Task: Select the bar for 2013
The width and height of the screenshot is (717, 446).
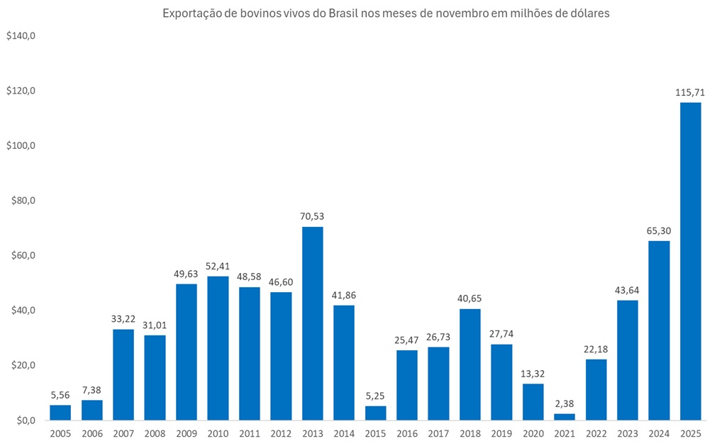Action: point(312,323)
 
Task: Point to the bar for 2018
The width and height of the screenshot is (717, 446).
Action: point(469,364)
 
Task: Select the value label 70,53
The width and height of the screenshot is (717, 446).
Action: point(312,216)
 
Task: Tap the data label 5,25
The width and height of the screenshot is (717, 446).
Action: point(375,395)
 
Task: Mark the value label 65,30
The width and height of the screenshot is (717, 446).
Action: point(659,230)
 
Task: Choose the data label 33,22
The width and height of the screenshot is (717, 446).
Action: point(123,318)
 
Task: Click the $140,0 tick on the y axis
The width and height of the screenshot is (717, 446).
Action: point(21,36)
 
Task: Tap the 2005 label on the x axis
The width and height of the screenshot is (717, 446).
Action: point(60,433)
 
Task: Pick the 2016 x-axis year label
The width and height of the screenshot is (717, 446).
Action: point(406,433)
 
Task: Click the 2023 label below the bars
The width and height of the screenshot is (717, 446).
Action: point(627,433)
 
